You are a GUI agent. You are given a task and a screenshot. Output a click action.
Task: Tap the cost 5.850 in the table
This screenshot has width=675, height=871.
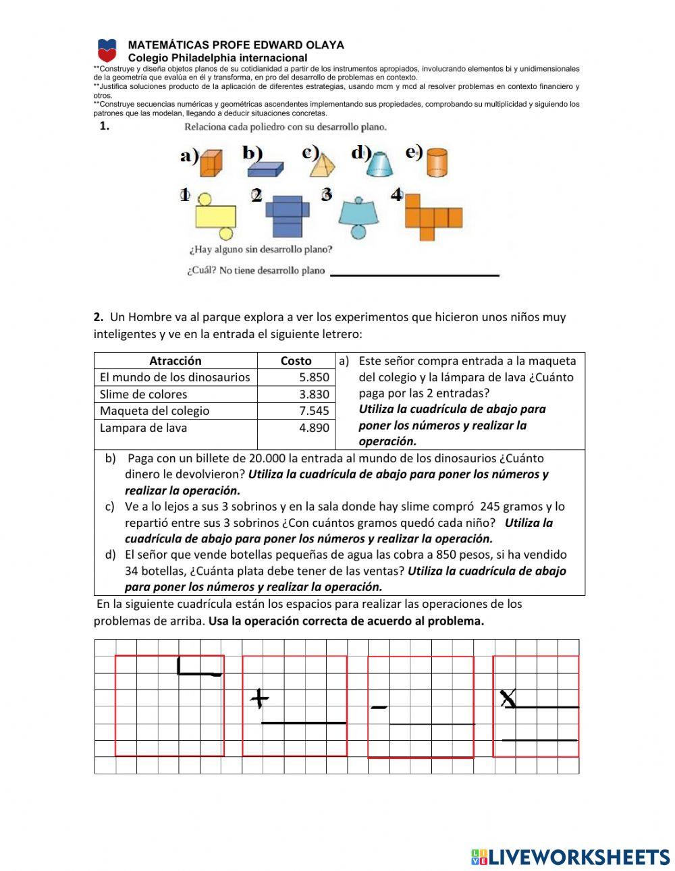pos(314,378)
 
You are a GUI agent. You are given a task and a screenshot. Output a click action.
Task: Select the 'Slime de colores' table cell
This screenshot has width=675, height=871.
pos(144,395)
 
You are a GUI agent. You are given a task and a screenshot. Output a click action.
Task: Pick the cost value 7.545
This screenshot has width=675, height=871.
pos(314,411)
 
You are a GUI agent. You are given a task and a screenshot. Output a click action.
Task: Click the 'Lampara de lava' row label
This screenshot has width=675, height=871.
pos(144,428)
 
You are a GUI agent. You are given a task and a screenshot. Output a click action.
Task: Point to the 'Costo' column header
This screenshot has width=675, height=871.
pos(296,361)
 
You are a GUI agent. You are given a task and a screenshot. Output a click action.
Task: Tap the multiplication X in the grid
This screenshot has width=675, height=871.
pos(508,698)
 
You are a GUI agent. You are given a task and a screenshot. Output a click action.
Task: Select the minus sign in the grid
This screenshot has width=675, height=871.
pos(379,707)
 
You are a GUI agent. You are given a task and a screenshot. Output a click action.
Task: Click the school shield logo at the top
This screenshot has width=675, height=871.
pos(107,51)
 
